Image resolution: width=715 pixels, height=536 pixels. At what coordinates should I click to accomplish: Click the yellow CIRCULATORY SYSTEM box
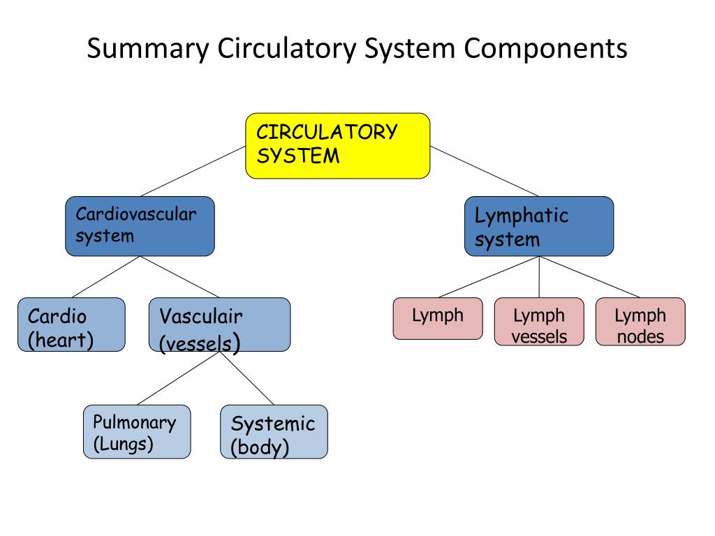[x=337, y=146]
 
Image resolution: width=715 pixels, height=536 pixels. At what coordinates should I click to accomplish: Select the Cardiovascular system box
[x=140, y=226]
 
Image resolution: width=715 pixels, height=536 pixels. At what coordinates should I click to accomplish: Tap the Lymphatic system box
[x=539, y=226]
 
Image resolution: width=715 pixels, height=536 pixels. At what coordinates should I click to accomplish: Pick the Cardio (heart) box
[x=72, y=325]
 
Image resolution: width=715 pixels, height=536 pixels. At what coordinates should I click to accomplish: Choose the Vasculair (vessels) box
[x=220, y=325]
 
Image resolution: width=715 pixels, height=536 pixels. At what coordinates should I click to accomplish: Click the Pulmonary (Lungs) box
[x=137, y=431]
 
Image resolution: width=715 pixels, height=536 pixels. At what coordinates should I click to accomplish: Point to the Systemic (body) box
[x=274, y=431]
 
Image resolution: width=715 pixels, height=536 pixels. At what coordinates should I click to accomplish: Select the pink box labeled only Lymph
[x=438, y=318]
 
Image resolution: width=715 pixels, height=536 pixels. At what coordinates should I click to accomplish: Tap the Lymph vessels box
[x=539, y=321]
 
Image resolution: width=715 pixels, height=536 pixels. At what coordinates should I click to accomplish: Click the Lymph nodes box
[x=640, y=321]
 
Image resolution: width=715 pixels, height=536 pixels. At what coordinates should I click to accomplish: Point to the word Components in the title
[x=545, y=49]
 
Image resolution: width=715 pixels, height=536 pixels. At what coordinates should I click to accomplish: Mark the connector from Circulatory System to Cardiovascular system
[x=193, y=172]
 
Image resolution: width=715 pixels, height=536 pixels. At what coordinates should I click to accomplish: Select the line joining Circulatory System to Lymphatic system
[x=485, y=172]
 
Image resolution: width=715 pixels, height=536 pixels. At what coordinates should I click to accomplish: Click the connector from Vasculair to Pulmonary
[x=178, y=378]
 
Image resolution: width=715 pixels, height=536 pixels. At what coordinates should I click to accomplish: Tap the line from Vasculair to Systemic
[x=246, y=378]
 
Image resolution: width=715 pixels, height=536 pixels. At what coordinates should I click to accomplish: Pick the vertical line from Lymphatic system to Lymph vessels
[x=539, y=277]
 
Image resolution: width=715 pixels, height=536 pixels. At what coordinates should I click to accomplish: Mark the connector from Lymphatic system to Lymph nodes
[x=589, y=277]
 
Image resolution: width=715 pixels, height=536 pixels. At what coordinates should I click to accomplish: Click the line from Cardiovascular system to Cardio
[x=106, y=277]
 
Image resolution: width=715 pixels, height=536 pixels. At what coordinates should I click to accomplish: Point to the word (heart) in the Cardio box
[x=61, y=340]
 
